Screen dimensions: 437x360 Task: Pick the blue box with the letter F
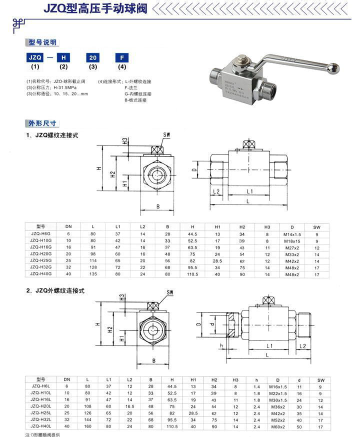pos(121,57)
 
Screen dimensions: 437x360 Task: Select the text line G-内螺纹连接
pos(137,94)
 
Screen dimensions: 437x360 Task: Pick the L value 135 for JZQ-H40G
pos(92,274)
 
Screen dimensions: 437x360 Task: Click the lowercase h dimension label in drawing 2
pos(220,345)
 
